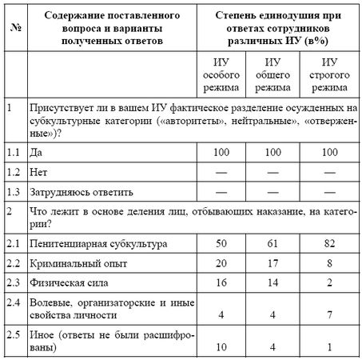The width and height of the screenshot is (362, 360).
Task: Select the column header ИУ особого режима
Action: [x=218, y=73]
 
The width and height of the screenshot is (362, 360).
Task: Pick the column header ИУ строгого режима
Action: [x=329, y=73]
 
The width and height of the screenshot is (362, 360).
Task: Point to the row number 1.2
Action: [x=12, y=172]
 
